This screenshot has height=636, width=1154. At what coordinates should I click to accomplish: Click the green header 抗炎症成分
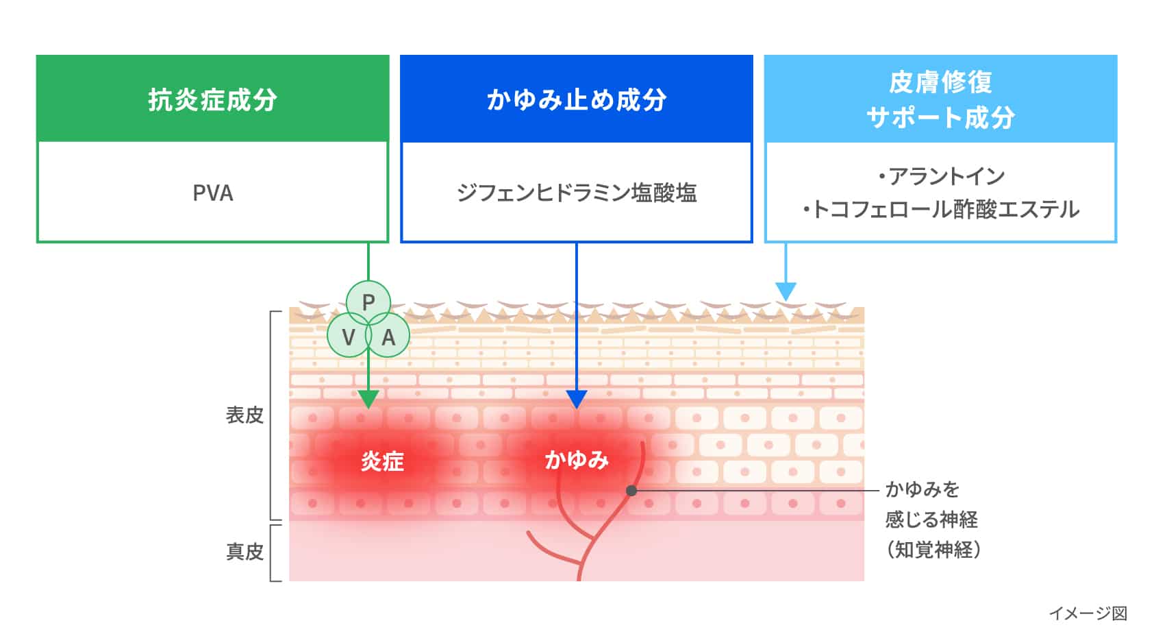point(212,100)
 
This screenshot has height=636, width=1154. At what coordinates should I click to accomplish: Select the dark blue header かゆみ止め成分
point(576,100)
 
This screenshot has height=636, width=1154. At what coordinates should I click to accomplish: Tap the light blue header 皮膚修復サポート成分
point(940,100)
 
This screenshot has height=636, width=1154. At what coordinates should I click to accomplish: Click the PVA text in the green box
point(212,193)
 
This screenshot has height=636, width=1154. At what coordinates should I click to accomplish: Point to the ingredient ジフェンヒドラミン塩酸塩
point(576,193)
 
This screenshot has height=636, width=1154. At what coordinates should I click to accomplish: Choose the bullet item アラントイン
point(941,177)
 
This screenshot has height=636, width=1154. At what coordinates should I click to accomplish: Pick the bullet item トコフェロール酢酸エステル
point(941,209)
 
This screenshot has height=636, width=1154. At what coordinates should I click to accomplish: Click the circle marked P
point(368,302)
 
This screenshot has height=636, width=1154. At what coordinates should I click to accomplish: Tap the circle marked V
point(348,337)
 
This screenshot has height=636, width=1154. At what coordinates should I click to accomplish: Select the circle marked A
point(388,337)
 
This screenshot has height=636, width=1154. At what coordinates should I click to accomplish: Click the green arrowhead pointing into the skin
point(368,400)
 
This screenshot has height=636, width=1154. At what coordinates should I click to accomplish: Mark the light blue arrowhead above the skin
point(786,291)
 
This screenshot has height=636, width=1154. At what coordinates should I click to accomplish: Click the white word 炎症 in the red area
point(382,461)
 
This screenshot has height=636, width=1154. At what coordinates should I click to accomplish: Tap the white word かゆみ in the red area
point(577,460)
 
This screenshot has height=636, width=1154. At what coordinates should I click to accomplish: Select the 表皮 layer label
point(244,415)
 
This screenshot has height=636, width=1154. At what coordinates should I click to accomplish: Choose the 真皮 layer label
point(244,552)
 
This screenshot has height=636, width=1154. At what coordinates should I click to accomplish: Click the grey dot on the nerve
point(631,491)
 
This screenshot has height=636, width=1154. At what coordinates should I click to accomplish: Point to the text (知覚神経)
point(933,550)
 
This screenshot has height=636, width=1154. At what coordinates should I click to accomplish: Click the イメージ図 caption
point(1088,613)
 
